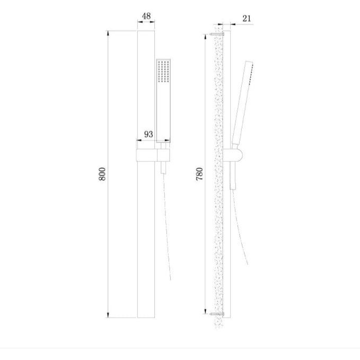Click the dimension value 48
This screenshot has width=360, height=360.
(x=146, y=16)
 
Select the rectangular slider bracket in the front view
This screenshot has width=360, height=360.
(x=153, y=155)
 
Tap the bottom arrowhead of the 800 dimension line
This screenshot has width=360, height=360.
(x=109, y=315)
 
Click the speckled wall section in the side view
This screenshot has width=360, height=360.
(x=218, y=212)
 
